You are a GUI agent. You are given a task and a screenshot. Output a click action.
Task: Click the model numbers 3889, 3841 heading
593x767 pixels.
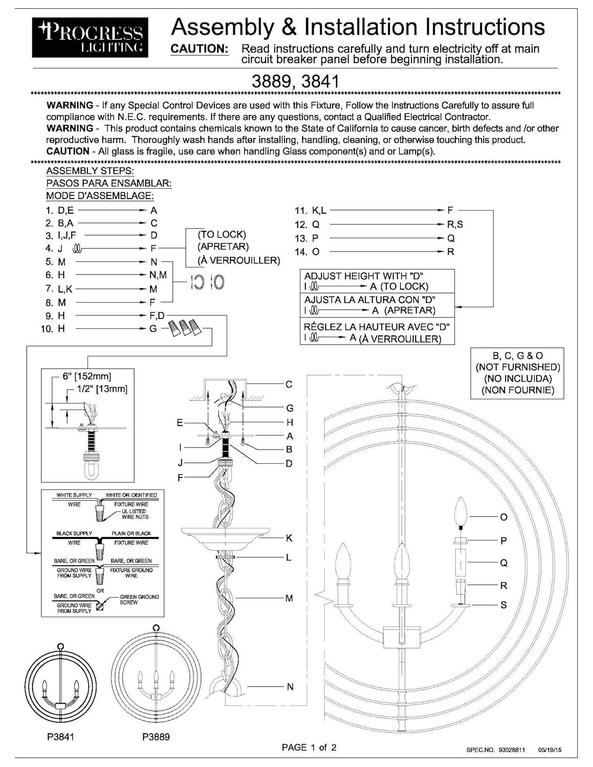click(296, 81)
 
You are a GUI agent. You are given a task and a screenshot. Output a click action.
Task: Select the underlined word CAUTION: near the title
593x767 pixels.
click(199, 49)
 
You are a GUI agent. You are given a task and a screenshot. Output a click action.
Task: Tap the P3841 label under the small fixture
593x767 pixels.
click(56, 737)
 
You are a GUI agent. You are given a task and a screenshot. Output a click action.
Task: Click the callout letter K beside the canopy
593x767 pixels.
click(289, 538)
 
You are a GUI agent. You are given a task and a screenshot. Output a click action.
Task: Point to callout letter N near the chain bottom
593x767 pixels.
click(290, 687)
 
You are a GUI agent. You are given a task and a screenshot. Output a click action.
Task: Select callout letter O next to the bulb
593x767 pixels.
click(503, 517)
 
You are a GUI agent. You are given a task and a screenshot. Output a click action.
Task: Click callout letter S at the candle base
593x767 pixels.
click(503, 605)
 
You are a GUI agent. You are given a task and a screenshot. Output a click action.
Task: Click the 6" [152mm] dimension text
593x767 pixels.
click(87, 376)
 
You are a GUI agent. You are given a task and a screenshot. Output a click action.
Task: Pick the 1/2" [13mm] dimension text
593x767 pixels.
click(102, 389)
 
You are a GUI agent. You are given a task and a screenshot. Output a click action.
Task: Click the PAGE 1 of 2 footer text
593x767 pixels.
click(309, 748)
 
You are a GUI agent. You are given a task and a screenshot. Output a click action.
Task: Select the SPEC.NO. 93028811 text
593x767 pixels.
click(495, 750)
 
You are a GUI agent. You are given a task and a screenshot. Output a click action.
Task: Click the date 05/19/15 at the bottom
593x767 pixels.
click(550, 750)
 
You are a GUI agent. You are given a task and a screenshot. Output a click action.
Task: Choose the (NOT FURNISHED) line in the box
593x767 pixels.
click(517, 367)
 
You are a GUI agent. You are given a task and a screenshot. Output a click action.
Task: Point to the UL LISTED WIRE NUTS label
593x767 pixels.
click(135, 514)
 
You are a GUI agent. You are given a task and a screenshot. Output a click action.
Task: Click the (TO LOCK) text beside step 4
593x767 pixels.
click(222, 234)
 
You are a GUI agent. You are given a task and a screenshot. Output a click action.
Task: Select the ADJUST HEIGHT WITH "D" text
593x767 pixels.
click(364, 276)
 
